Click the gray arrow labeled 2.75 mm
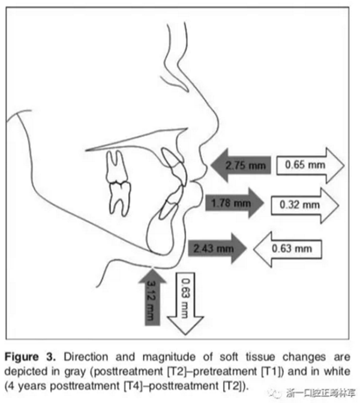tap(240, 164)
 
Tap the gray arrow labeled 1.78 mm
tap(234, 204)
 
